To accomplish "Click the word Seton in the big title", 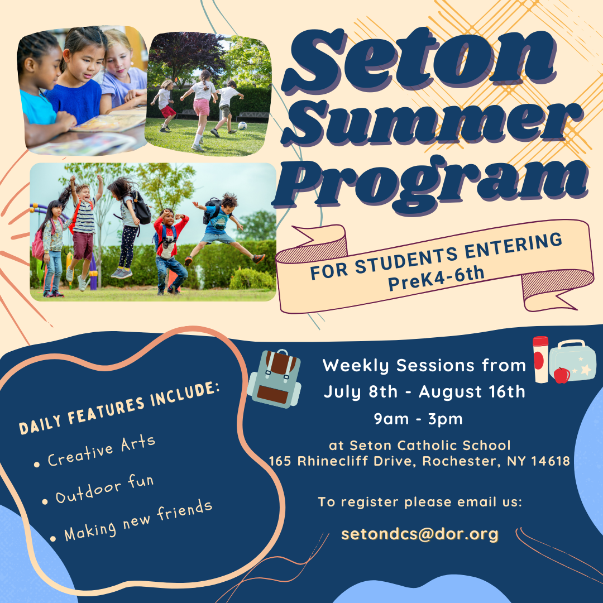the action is click(419, 61).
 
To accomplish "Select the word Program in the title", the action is click(430, 183).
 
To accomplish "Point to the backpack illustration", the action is click(274, 379).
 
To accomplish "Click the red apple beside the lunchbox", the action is click(562, 375).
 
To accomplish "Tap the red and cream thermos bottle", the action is click(540, 360).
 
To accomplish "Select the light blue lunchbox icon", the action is click(573, 361).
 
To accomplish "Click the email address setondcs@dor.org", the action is click(419, 534).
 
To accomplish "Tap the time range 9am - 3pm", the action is click(418, 419).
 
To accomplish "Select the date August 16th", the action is click(472, 392).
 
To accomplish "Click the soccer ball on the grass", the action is click(242, 126).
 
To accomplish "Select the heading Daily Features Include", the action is click(119, 408).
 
